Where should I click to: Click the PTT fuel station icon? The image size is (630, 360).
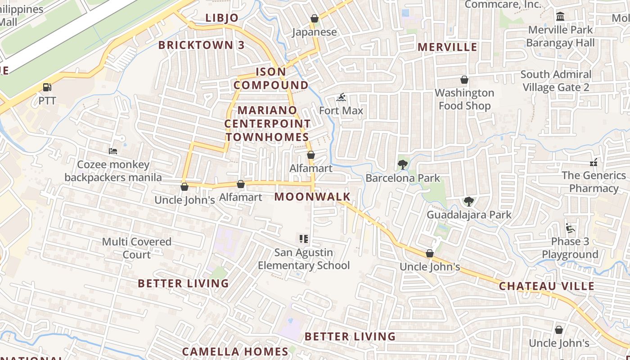coord(47,87)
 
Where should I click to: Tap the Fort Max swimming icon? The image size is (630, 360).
coord(341,97)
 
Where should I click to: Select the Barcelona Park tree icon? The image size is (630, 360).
coord(403,165)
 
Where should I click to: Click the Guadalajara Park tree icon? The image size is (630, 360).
coord(469,201)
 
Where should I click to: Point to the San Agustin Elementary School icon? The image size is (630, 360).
coord(304,239)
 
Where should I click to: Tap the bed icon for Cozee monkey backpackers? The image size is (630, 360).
coord(113,151)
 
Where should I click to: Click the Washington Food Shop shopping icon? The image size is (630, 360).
coord(464,80)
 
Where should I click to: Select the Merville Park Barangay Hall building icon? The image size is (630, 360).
coord(560,17)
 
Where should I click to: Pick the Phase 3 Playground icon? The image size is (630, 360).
coord(570,228)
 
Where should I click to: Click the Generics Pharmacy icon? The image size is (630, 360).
coord(594,162)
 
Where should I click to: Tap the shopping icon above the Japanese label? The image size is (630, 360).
coord(315,18)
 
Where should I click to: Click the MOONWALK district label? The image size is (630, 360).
coord(312,197)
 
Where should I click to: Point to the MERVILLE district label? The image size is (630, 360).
coord(447,47)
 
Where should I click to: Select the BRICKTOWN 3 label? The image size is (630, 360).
coord(202,45)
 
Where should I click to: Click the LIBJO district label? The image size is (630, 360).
coord(222,18)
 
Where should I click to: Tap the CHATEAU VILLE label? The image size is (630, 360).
coord(546,286)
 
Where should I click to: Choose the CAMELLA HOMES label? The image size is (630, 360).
coord(235,351)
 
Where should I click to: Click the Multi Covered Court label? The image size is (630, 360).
coord(137,248)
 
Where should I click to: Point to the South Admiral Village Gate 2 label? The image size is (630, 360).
coord(556,81)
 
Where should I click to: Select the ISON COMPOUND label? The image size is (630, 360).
coord(271,78)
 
